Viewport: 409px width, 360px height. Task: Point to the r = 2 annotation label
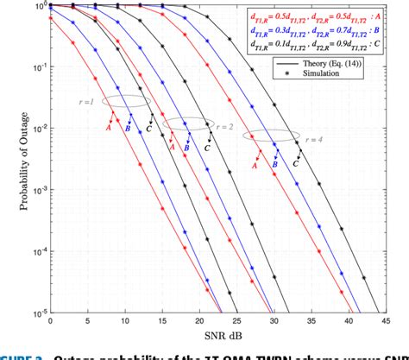click(225, 125)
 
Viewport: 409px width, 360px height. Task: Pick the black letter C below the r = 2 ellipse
click(206, 148)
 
